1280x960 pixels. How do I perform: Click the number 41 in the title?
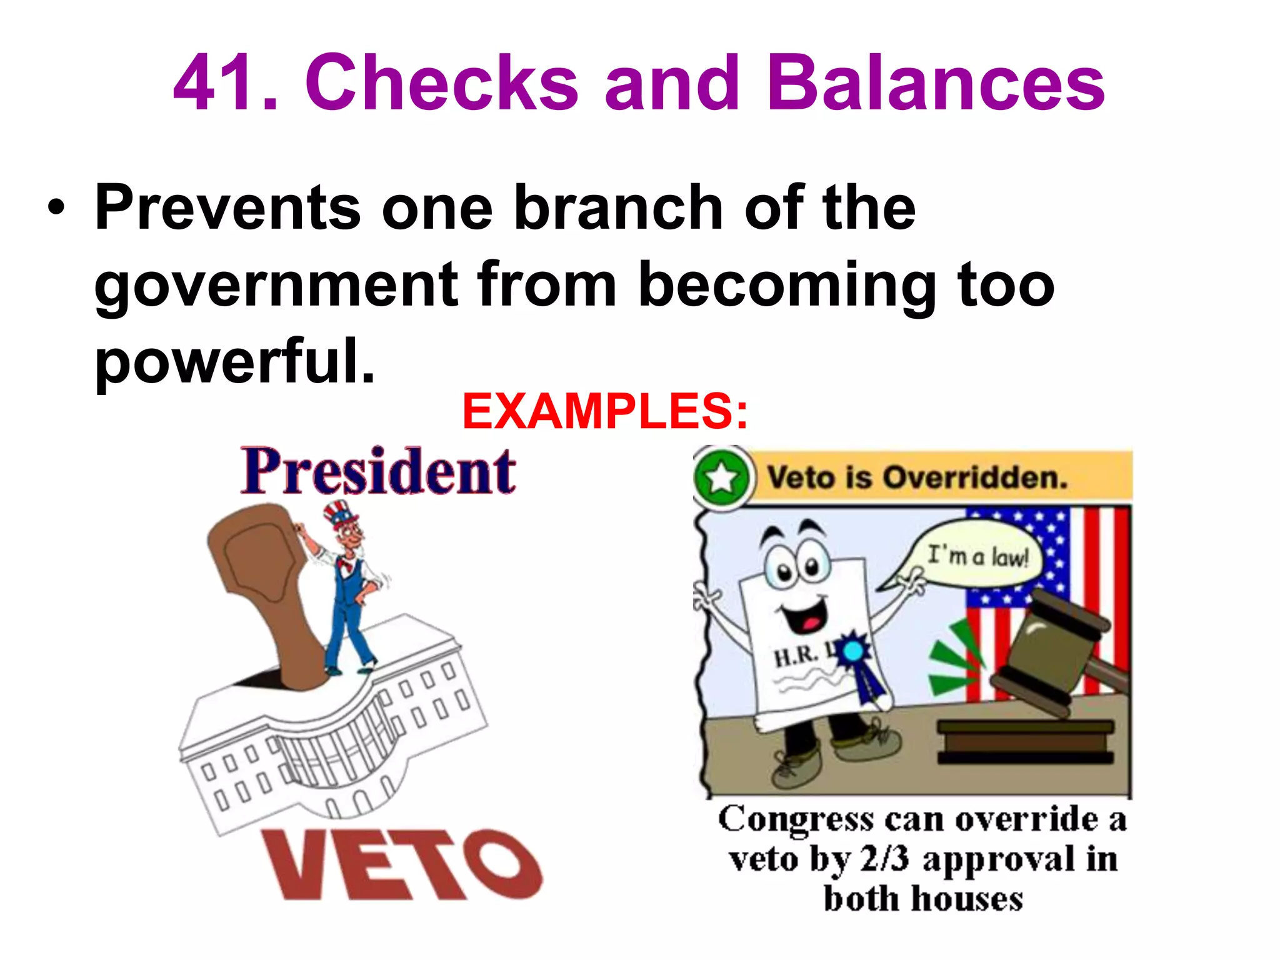click(216, 82)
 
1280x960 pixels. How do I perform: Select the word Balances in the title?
click(936, 82)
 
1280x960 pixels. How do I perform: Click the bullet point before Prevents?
click(56, 209)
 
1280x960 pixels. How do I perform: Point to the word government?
click(276, 286)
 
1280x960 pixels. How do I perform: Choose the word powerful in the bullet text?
click(235, 361)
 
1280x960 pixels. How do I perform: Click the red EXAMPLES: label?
click(605, 412)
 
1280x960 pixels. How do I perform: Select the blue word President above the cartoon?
click(379, 472)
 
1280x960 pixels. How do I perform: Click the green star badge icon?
click(721, 478)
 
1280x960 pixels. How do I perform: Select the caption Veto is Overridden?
click(917, 478)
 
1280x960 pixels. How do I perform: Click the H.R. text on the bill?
click(797, 656)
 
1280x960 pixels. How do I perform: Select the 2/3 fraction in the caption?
click(884, 859)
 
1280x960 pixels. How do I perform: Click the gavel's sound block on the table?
click(1025, 741)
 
